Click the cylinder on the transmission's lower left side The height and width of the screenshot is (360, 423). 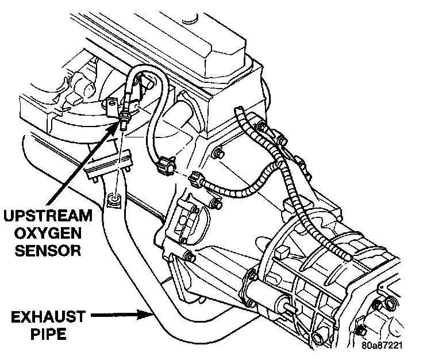click(x=266, y=284)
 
